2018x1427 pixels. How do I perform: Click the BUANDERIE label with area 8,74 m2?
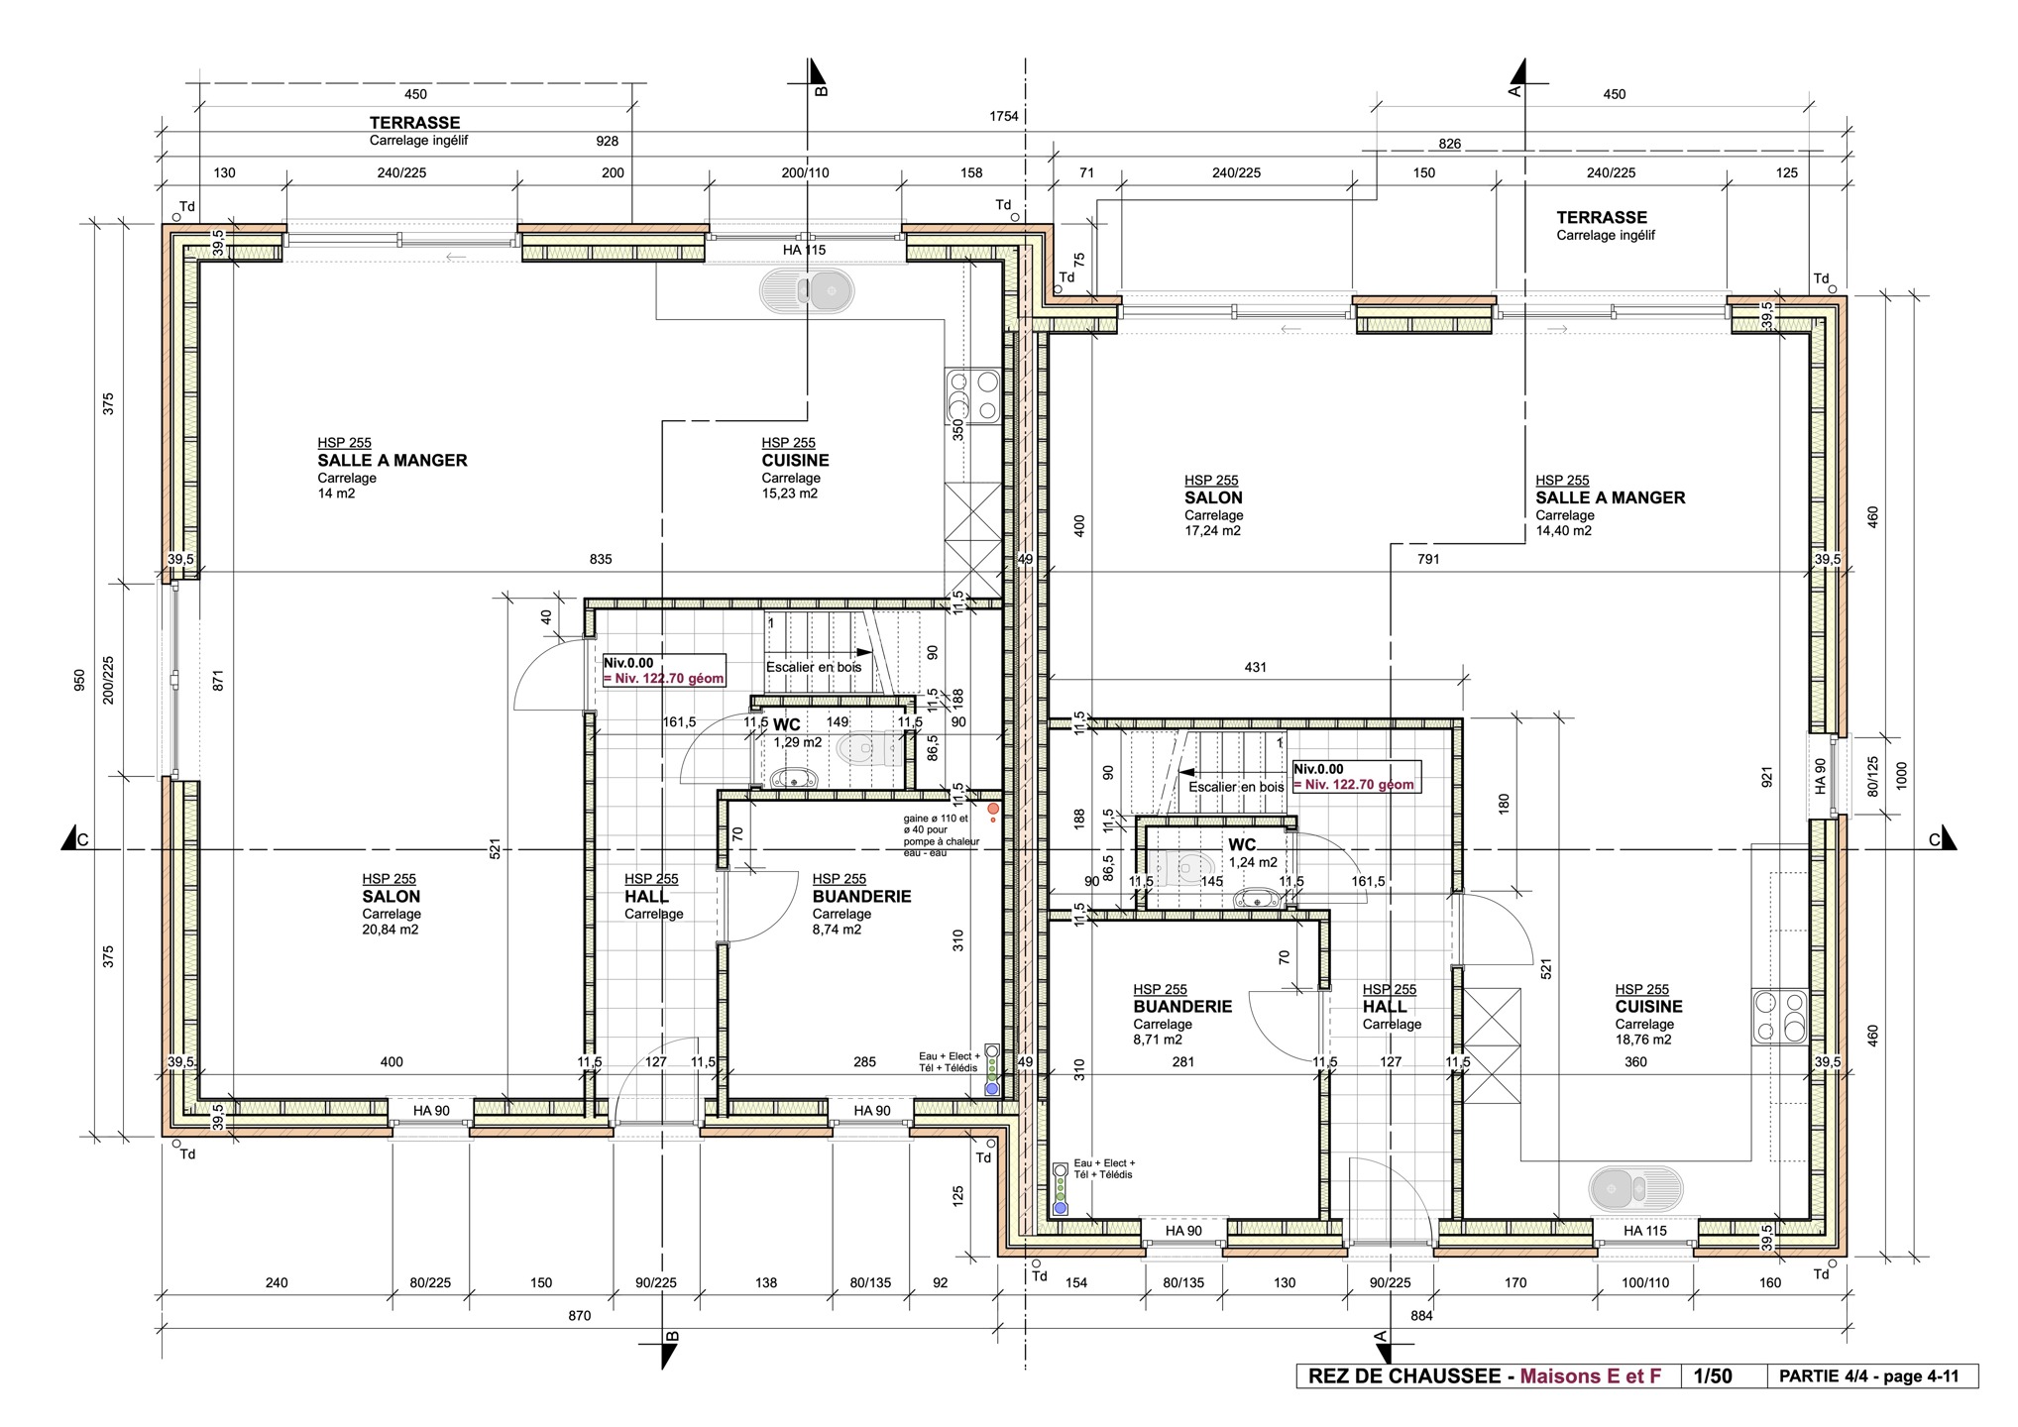point(861,897)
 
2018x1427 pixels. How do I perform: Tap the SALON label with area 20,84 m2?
point(392,897)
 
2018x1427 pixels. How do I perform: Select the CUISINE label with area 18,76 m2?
point(1648,1007)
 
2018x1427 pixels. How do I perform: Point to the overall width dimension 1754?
point(1004,116)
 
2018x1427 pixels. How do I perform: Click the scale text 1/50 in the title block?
point(1713,1375)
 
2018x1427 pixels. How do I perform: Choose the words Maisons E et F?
point(1590,1375)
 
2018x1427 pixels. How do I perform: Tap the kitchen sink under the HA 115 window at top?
point(806,291)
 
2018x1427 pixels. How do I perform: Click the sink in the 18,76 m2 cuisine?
point(1635,1186)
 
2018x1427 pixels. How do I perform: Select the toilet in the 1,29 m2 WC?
point(859,748)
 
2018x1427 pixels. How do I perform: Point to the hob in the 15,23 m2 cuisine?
point(972,395)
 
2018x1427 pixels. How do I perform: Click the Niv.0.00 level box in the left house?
point(664,671)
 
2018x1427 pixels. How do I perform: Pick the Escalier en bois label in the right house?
point(1236,787)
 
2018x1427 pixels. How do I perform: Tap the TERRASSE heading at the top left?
point(414,123)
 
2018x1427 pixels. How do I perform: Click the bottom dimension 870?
point(580,1316)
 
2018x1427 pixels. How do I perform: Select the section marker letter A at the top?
point(1513,91)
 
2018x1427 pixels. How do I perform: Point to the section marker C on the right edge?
point(1934,840)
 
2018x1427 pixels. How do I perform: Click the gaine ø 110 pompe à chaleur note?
point(941,835)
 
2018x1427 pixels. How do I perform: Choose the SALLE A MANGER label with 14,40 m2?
point(1611,497)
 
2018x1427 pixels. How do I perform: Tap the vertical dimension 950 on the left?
point(79,680)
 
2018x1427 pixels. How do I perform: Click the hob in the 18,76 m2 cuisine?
point(1780,1016)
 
